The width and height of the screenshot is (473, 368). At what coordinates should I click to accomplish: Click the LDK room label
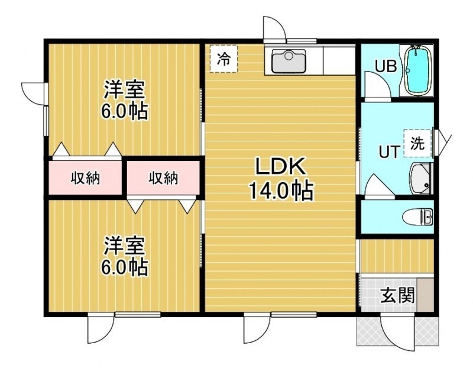tap(280, 166)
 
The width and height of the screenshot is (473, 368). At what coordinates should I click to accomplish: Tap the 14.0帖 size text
tap(280, 191)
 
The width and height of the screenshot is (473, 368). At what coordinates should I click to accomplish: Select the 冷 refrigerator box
tap(224, 59)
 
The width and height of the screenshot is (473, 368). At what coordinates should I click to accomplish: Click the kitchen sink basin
tap(289, 62)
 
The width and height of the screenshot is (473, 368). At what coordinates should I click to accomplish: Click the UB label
tap(386, 66)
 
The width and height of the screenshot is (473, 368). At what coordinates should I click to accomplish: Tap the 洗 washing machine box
tap(418, 143)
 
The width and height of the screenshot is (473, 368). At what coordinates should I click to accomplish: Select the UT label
tap(390, 151)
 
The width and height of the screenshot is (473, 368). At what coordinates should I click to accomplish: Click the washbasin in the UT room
tap(420, 179)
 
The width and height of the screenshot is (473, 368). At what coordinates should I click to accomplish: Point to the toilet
tap(417, 217)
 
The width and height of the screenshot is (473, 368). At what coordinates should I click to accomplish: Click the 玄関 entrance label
tap(397, 295)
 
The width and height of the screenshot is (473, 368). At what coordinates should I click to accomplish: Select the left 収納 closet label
tap(85, 178)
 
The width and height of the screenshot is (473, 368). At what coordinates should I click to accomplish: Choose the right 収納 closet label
tap(163, 178)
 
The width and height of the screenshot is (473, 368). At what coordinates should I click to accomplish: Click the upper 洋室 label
tap(125, 89)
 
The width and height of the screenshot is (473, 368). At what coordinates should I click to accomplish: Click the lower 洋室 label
tap(125, 246)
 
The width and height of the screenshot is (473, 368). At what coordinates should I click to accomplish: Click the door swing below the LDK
tap(257, 328)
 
